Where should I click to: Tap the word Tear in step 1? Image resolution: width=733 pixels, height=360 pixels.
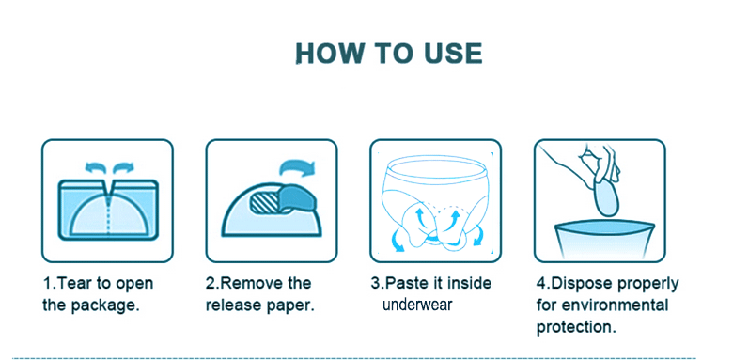tap(77, 283)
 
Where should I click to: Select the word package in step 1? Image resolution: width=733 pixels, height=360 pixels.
tap(104, 306)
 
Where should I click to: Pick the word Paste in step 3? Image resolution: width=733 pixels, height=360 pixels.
tap(405, 283)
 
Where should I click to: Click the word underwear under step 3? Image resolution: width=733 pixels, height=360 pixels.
tap(417, 305)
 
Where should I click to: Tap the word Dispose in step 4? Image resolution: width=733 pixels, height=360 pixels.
tap(580, 284)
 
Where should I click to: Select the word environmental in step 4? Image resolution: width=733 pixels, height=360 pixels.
tap(616, 305)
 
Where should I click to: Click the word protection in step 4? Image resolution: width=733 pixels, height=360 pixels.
tap(575, 327)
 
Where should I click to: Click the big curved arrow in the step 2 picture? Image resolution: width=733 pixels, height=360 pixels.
tap(297, 167)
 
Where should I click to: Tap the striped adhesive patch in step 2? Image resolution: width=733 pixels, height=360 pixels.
tap(266, 203)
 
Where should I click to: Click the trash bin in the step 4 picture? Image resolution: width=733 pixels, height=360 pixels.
tap(604, 240)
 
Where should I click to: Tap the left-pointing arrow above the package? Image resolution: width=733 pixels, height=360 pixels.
tap(95, 167)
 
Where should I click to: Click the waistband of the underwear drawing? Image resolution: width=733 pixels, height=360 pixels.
tap(435, 168)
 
